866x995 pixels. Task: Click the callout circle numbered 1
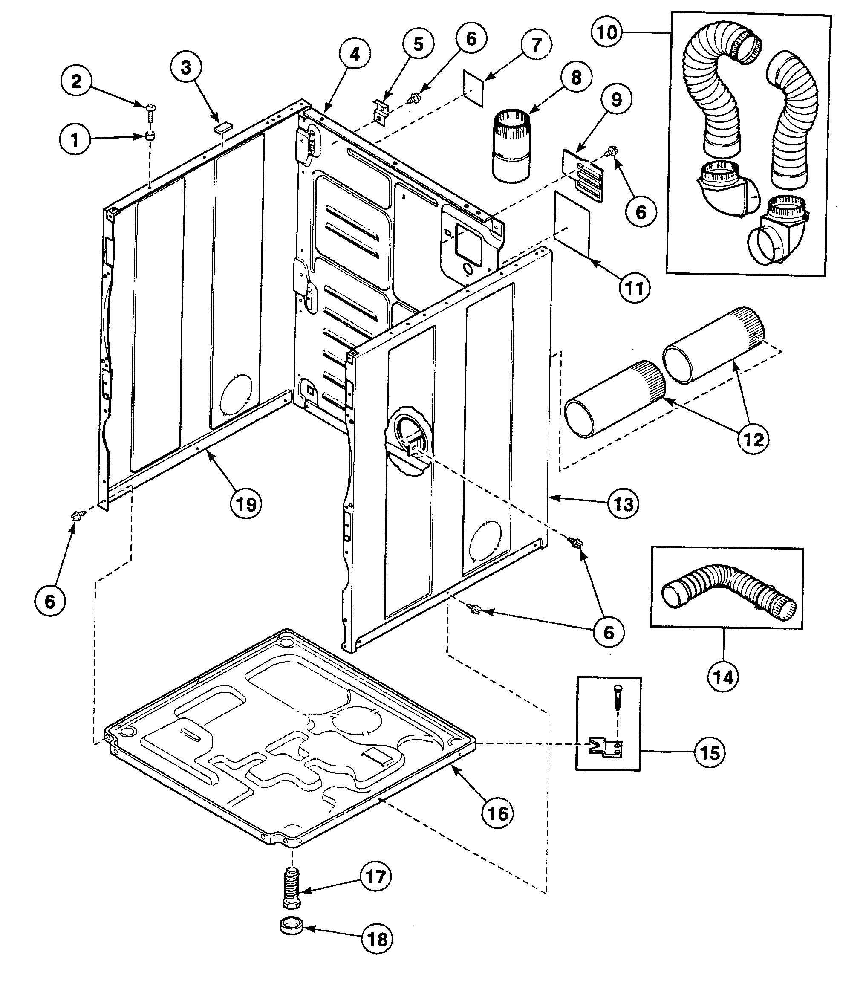coord(75,140)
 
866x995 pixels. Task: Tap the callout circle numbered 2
coord(76,81)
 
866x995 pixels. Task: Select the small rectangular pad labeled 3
coord(223,127)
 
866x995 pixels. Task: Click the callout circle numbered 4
coord(355,54)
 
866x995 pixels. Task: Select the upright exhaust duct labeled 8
coord(511,146)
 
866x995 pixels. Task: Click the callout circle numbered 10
coord(607,32)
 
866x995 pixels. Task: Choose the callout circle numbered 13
coord(624,504)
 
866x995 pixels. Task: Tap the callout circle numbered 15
coord(710,753)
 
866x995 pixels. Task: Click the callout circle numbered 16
coord(498,814)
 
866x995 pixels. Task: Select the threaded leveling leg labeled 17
coord(292,888)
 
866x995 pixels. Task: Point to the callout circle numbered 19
coord(246,504)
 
